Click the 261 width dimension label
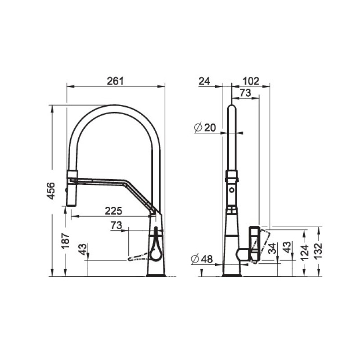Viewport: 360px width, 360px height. pos(115,81)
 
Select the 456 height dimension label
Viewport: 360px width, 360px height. pos(51,191)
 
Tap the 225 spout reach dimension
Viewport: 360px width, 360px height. pos(113,211)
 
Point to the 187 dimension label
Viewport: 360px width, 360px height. pos(65,241)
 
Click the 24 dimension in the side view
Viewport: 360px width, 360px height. pos(204,81)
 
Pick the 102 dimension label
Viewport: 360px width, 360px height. pos(251,81)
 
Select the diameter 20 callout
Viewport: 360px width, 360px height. pos(205,127)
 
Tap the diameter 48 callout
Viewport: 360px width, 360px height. pos(202,259)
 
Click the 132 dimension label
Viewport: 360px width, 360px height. pos(318,251)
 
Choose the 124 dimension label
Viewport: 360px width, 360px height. pos(305,252)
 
